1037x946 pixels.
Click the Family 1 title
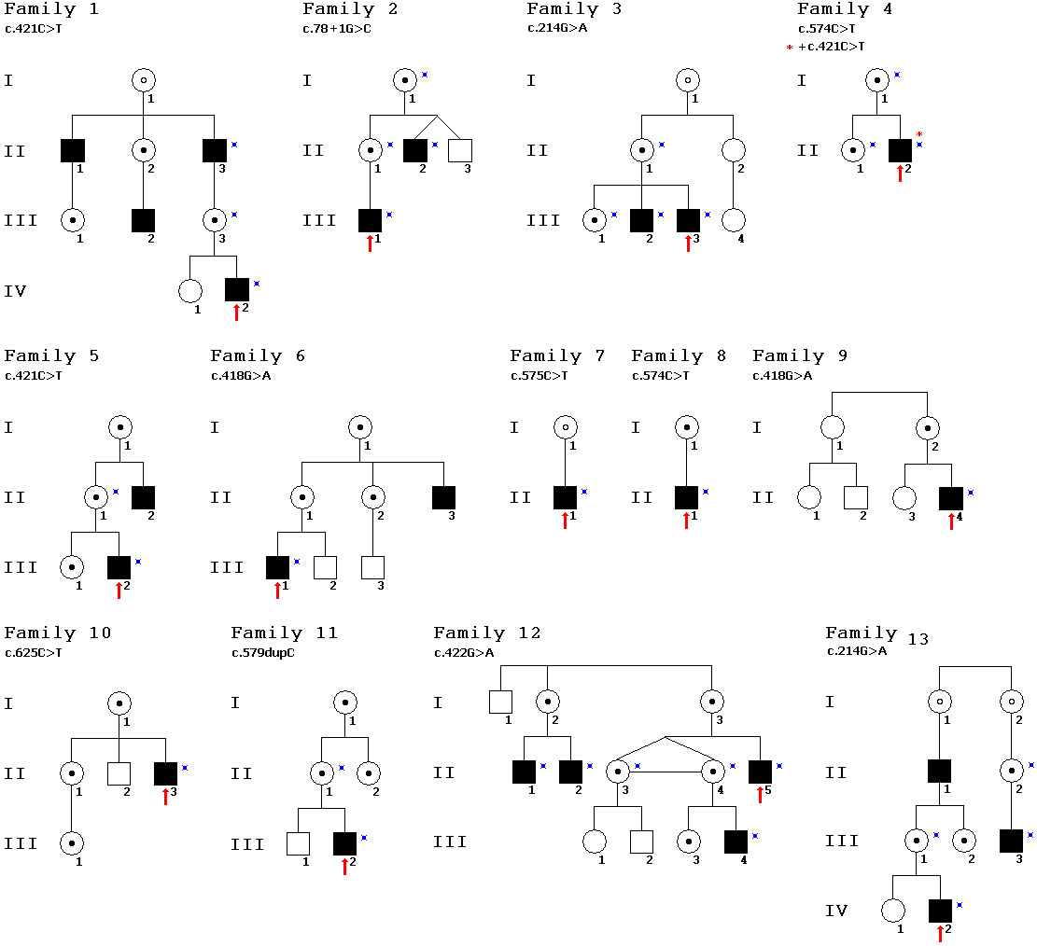coord(51,10)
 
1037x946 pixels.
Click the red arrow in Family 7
coord(565,520)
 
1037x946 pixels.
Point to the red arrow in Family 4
coord(900,173)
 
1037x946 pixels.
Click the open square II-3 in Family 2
coord(460,149)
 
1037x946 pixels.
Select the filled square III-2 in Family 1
coord(143,220)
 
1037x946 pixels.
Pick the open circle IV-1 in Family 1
coord(189,290)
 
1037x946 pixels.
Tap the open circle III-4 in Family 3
coord(735,220)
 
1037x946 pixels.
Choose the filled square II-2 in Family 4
coord(900,149)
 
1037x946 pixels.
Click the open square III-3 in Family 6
coord(372,566)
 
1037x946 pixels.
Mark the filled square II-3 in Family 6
coord(443,497)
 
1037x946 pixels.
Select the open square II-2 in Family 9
coord(856,497)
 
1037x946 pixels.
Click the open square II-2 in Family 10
coord(119,772)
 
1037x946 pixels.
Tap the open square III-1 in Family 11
coord(298,842)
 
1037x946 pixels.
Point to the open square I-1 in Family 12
coord(500,703)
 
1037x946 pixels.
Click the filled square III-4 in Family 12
coord(736,842)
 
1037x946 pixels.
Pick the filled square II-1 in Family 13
coord(939,771)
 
